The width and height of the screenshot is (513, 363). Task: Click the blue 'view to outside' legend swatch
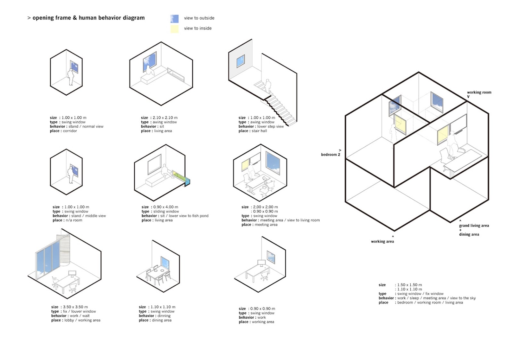tap(174, 19)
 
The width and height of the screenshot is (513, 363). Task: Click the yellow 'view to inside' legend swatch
tap(174, 29)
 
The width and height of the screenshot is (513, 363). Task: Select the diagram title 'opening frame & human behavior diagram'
tap(88, 18)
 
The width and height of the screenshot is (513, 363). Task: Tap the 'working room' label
tap(479, 92)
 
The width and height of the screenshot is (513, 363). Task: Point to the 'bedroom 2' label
tap(331, 155)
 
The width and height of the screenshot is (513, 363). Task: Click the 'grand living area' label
tap(474, 226)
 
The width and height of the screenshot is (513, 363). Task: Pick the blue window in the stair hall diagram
tap(240, 61)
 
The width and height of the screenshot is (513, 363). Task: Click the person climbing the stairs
tap(268, 86)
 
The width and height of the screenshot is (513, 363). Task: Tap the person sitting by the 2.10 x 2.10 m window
tap(150, 71)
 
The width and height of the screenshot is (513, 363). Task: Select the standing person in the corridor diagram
tap(71, 77)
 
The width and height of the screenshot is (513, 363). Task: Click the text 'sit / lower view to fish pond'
tap(184, 216)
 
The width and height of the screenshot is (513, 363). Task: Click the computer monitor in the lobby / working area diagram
tap(72, 273)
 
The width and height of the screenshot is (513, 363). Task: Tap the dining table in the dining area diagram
tap(157, 274)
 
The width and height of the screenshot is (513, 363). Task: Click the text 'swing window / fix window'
tap(420, 294)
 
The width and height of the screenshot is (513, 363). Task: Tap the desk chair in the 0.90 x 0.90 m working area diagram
tap(265, 276)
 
